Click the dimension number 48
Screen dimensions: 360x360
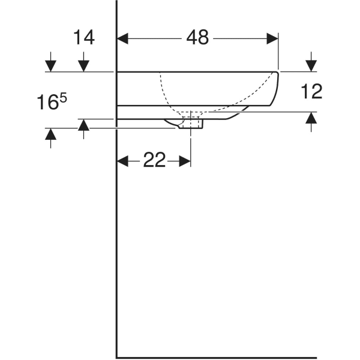point(197,38)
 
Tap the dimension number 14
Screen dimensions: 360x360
point(84,38)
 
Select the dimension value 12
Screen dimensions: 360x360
point(311,91)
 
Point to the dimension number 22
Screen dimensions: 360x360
point(154,160)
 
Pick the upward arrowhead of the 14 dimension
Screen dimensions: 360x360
point(84,125)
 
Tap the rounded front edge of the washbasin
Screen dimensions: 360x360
point(277,90)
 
